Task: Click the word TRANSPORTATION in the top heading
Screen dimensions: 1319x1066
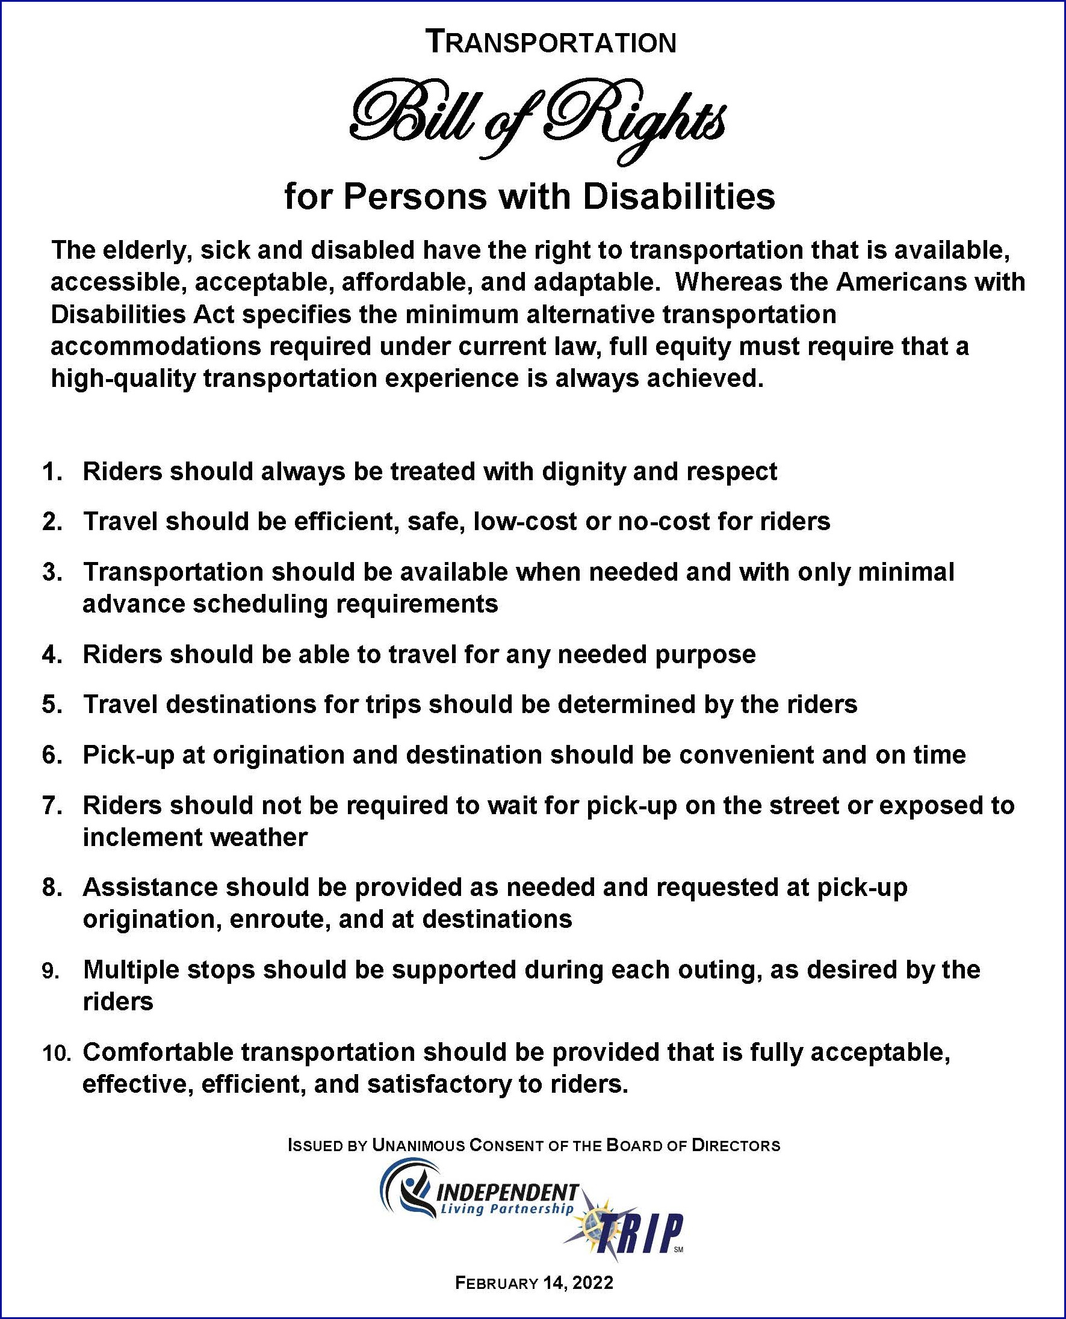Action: [x=551, y=42]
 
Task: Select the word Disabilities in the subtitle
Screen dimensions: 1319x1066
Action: [x=678, y=197]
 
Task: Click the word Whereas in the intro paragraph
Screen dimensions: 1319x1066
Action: [x=727, y=282]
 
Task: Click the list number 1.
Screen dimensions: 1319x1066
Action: [x=52, y=471]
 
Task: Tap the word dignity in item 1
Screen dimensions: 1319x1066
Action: [x=580, y=471]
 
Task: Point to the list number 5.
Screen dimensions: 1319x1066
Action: [x=52, y=704]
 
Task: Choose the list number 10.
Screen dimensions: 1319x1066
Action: [x=57, y=1053]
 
